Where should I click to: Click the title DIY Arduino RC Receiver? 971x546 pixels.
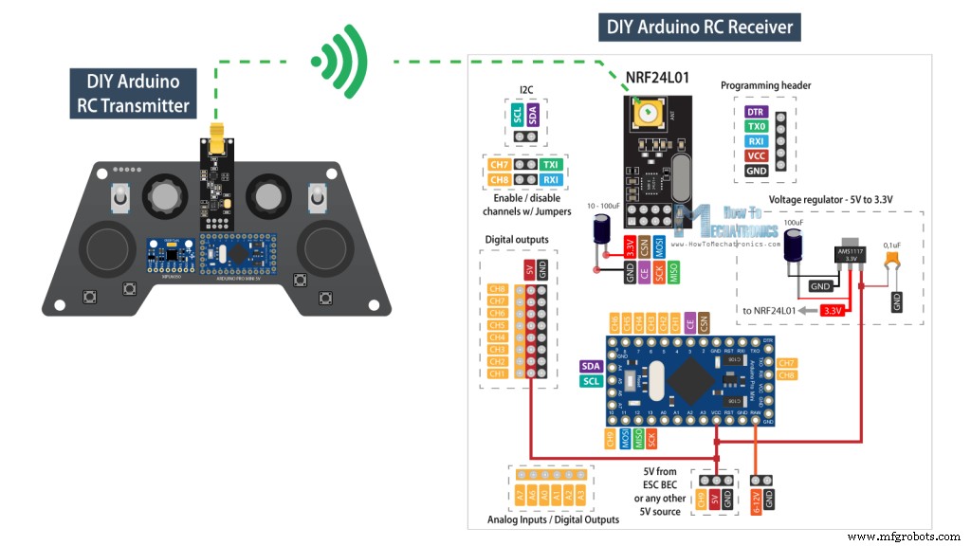[x=700, y=26]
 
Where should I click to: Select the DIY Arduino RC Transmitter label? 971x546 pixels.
[x=134, y=93]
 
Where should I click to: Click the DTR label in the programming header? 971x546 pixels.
[x=756, y=111]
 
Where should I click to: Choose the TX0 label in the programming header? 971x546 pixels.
[x=756, y=126]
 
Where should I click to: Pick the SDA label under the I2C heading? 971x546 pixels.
[x=532, y=115]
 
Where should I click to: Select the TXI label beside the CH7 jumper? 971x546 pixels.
[x=551, y=164]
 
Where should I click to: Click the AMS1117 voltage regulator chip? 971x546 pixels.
[x=852, y=254]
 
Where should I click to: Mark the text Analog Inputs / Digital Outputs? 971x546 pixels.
[x=553, y=519]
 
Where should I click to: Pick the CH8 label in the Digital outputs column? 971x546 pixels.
[x=497, y=288]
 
